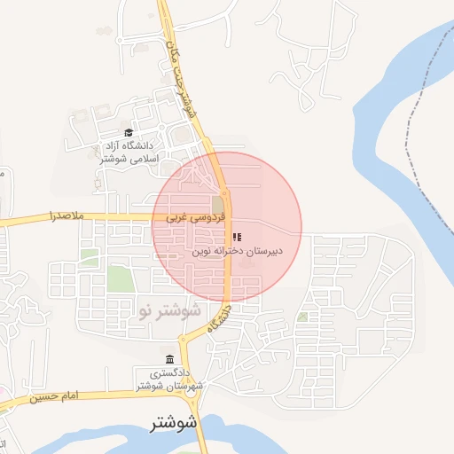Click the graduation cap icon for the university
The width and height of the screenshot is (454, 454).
pos(129,133)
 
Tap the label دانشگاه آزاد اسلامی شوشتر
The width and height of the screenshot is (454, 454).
pos(129,152)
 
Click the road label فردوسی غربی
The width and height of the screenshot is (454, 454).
pos(188,216)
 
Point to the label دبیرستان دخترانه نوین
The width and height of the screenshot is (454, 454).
pos(238,251)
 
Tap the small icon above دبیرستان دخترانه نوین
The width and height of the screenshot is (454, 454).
pos(237,237)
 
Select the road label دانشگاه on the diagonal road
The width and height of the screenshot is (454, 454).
pos(219,318)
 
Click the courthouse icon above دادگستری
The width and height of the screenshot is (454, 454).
pos(169,359)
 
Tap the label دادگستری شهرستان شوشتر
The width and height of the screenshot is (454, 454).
pos(172,379)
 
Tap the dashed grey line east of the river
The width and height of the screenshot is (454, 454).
pos(410,133)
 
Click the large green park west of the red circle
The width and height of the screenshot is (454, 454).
pos(119,278)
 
